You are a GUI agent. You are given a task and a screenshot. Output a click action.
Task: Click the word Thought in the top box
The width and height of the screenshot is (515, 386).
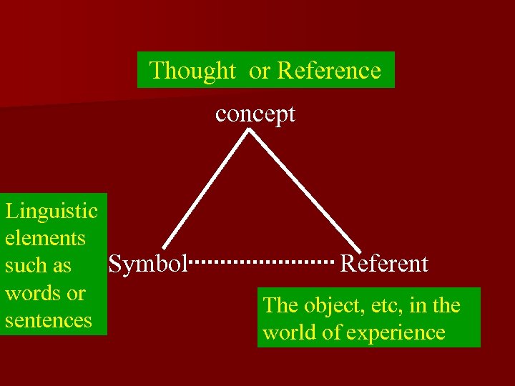pos(192,71)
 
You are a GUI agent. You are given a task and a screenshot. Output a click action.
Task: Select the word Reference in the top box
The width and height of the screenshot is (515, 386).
pos(329,71)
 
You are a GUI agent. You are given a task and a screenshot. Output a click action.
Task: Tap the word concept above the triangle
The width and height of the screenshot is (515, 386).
pos(255,114)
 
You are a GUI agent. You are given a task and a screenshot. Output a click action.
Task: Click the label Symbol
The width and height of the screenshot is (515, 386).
pos(147,264)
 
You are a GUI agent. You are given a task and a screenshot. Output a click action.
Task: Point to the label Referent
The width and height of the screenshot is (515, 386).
pos(384,264)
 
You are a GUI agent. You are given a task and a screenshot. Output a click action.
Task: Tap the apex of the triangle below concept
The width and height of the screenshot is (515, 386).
pos(250,130)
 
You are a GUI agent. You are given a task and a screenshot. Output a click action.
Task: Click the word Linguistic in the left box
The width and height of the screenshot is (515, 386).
pos(51,211)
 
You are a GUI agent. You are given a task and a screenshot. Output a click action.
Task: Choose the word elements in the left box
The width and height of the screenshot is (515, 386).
pos(45,238)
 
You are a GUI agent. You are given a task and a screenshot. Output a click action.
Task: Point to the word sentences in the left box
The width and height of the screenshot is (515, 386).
pos(49,320)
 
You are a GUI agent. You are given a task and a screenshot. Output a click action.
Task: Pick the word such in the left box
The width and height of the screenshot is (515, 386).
pos(25,266)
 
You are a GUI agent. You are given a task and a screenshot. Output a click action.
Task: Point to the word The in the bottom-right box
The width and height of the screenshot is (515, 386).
pos(280,306)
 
